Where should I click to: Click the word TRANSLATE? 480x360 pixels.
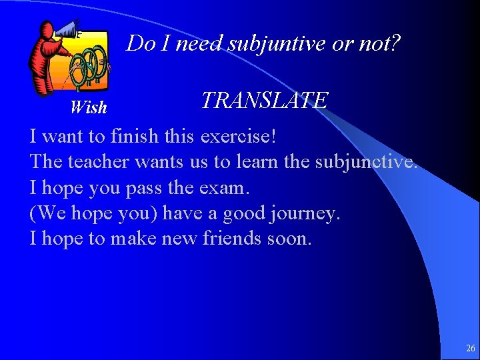[264, 101]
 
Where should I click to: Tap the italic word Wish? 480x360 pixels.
[88, 107]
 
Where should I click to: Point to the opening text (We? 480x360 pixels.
[46, 213]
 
